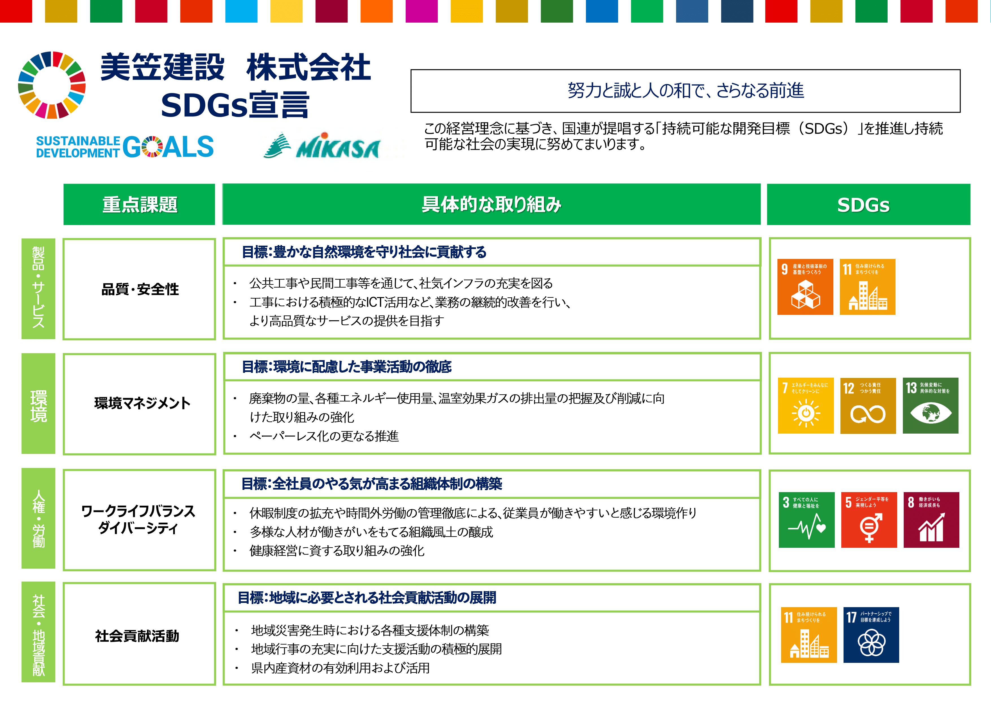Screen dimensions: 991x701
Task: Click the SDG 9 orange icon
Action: pos(805,287)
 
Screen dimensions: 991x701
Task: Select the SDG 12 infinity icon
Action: pos(868,406)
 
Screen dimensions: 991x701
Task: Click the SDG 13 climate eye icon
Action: pos(931,406)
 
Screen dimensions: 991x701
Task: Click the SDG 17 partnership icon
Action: pos(871,635)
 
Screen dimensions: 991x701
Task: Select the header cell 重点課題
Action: pos(139,204)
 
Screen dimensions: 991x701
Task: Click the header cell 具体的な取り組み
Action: pos(492,204)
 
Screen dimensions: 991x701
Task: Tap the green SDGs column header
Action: pos(868,204)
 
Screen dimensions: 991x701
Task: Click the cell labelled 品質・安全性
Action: pos(140,289)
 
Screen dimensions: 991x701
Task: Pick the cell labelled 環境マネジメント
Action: pos(140,404)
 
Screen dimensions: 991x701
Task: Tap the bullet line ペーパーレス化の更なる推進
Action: pos(324,436)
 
